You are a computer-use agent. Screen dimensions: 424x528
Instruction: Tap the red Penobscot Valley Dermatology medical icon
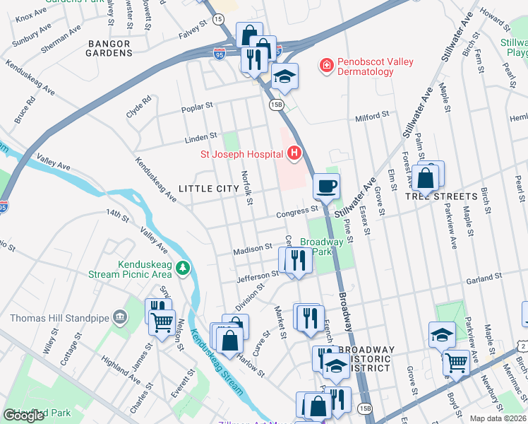tap(326, 66)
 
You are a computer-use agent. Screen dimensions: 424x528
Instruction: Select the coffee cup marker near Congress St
tap(325, 187)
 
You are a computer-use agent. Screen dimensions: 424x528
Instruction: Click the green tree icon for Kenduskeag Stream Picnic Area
tap(183, 268)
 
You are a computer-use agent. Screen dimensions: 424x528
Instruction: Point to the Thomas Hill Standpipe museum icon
tap(119, 319)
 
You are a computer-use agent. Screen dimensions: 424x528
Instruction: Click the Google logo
tap(23, 416)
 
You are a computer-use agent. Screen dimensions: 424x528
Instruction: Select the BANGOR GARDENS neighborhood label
tap(109, 48)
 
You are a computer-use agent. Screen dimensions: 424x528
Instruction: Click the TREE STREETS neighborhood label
tap(441, 196)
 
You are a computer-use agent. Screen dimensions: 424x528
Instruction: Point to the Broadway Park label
tap(322, 247)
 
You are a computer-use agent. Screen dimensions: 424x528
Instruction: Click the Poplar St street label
tap(197, 107)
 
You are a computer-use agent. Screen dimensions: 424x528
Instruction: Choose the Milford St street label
tap(372, 116)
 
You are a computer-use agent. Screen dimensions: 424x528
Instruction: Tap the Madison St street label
tap(253, 249)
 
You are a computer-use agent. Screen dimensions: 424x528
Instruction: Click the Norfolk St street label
tap(246, 188)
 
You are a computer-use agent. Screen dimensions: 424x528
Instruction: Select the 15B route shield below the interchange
tap(276, 105)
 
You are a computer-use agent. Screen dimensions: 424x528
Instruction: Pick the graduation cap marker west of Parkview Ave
tap(441, 334)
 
